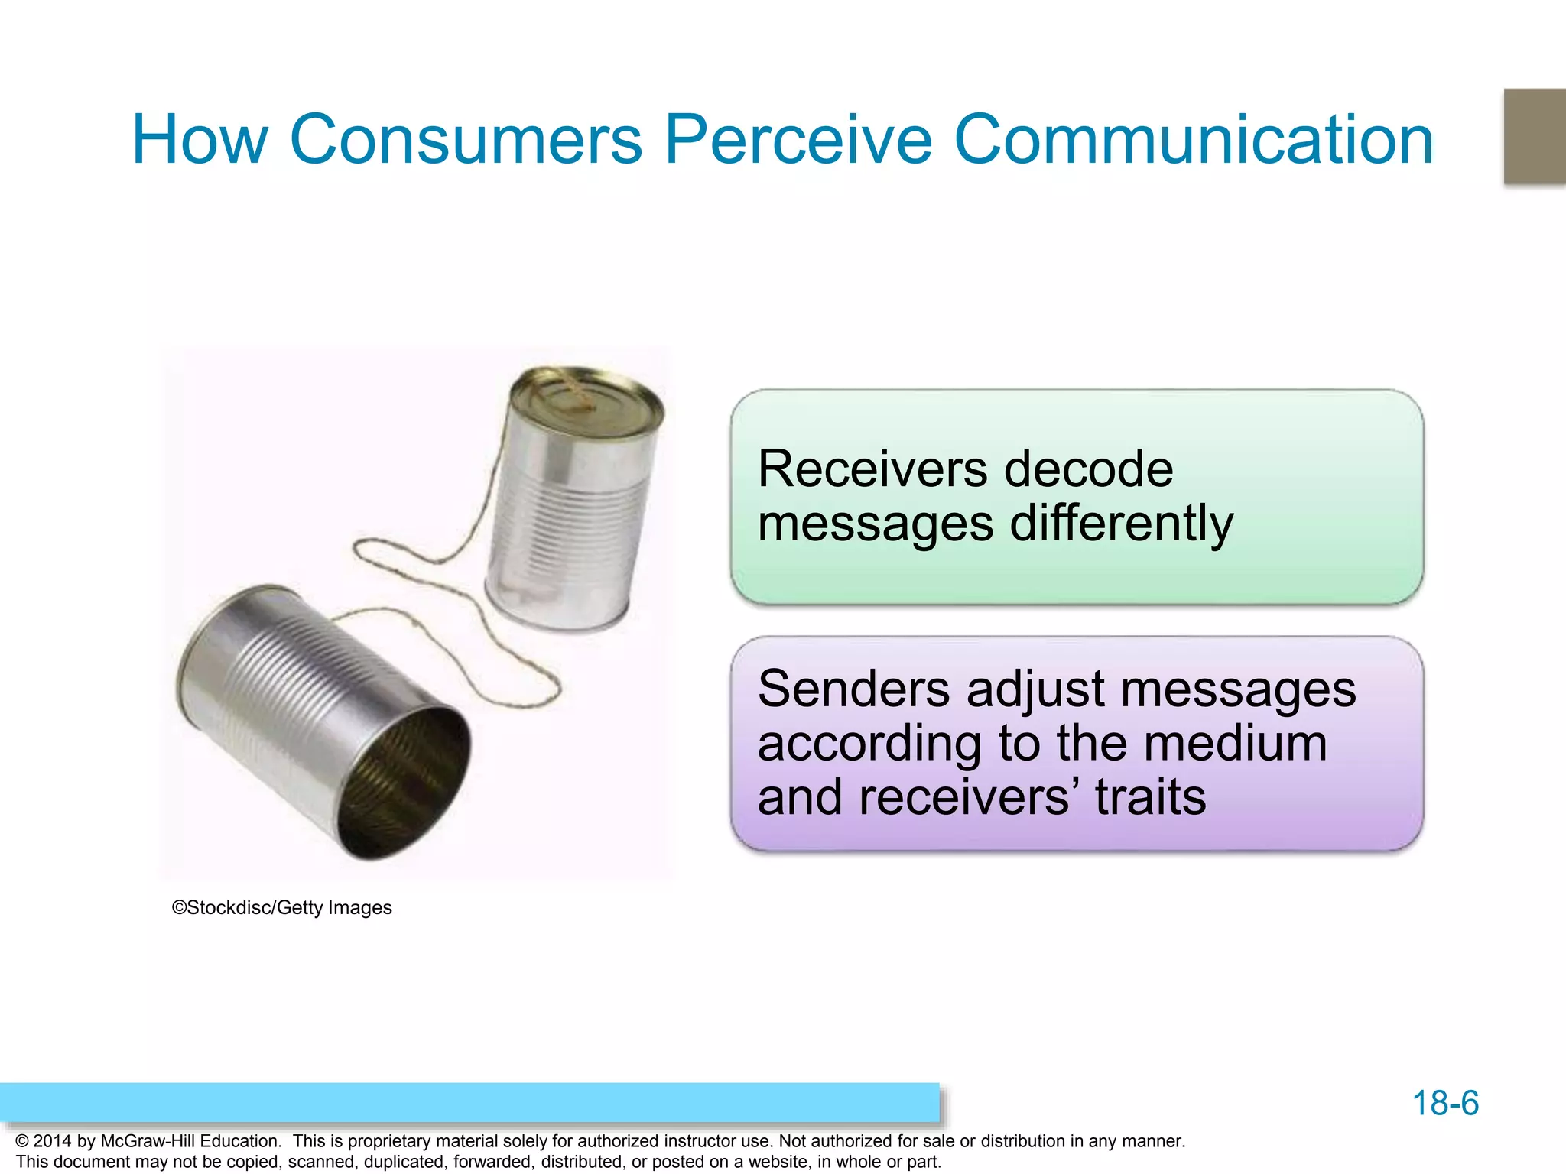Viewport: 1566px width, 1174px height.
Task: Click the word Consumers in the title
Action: [466, 139]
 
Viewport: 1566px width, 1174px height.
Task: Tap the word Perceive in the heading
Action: [798, 139]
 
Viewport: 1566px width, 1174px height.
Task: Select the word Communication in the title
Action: [1193, 139]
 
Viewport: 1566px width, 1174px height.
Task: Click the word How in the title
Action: [200, 139]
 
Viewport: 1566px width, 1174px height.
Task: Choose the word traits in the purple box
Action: [1150, 797]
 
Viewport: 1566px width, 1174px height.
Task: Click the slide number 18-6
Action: [1445, 1103]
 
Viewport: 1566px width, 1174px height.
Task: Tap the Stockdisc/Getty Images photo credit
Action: [282, 907]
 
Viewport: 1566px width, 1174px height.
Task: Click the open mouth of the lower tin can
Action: [404, 783]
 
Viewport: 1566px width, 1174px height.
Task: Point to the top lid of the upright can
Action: [586, 397]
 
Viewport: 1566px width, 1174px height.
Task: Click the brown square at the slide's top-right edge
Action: [1534, 136]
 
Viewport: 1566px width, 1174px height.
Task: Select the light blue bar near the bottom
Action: [469, 1102]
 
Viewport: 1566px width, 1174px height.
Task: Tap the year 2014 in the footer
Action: [53, 1141]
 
